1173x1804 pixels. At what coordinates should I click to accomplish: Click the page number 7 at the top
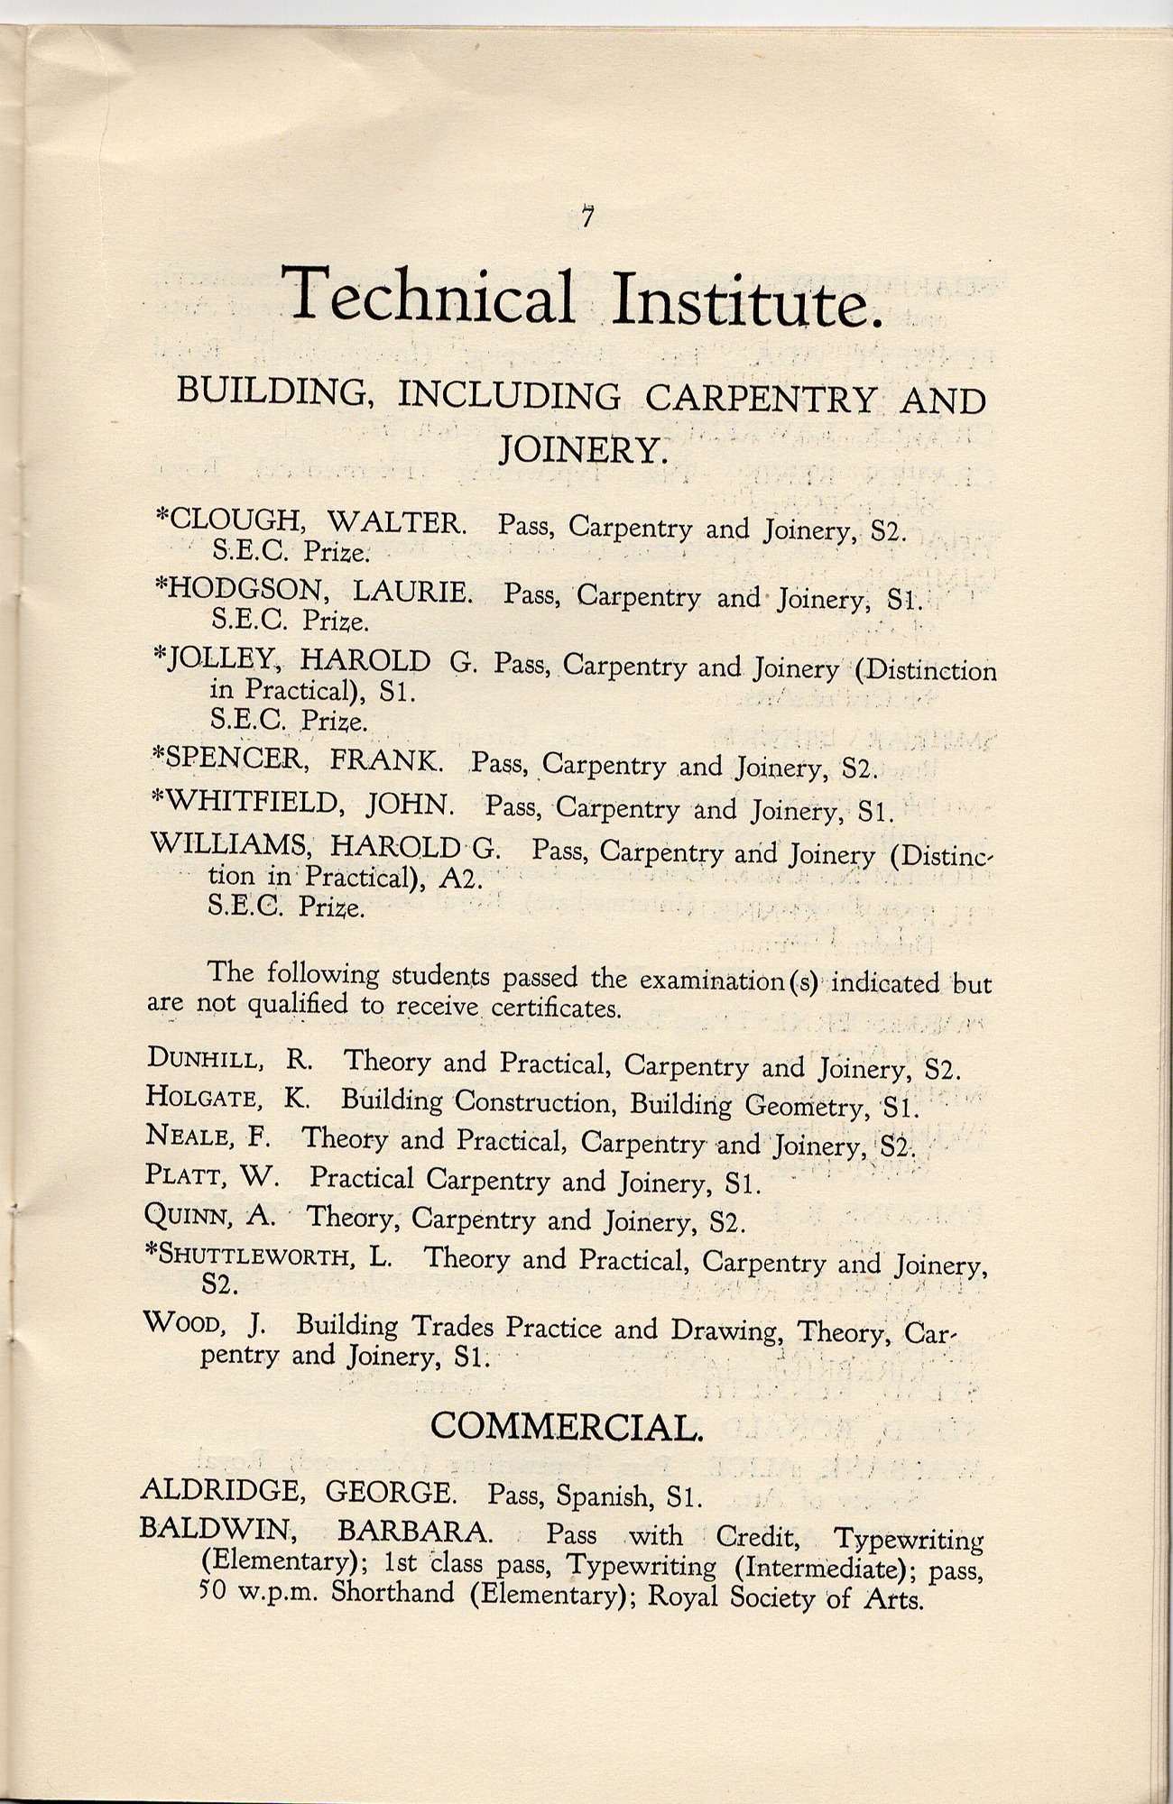(x=587, y=218)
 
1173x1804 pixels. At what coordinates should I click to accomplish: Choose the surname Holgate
(x=204, y=1097)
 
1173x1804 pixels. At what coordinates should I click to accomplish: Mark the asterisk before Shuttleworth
(x=151, y=1253)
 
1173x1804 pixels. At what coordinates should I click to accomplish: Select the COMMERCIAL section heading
(x=566, y=1426)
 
